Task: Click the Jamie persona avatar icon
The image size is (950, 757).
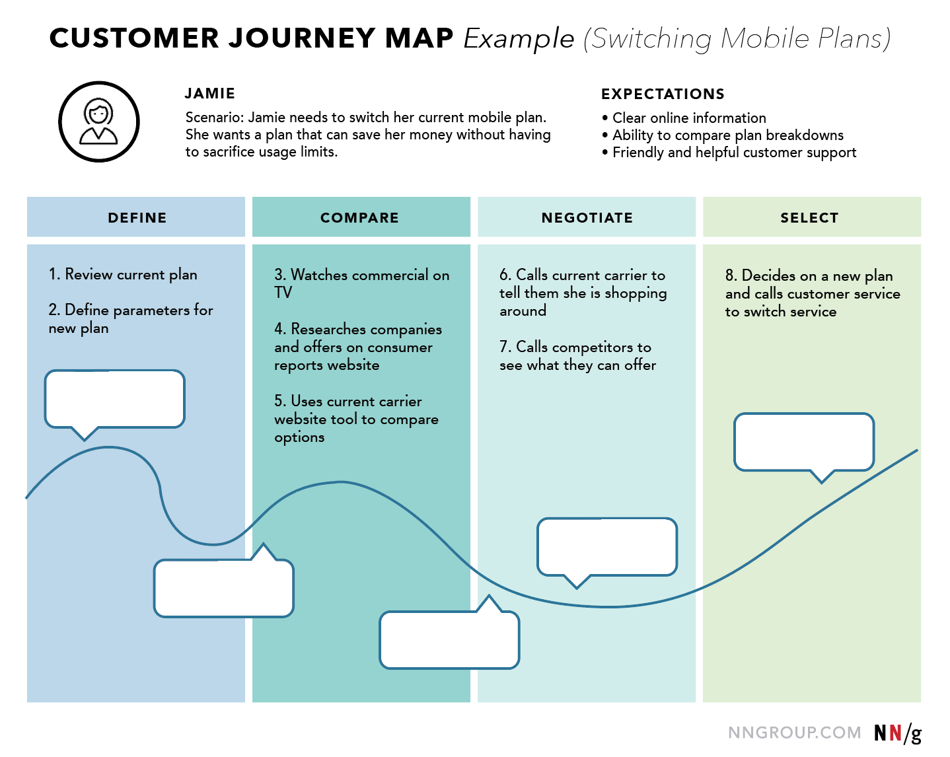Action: [99, 122]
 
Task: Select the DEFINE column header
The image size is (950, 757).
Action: [137, 217]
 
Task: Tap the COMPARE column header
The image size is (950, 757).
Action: [360, 217]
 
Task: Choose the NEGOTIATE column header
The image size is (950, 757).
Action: [587, 217]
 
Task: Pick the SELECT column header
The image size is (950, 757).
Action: [810, 217]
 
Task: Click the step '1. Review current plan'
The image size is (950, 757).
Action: [123, 274]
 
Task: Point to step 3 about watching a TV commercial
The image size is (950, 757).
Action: [361, 283]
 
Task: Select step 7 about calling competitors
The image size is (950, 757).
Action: [577, 356]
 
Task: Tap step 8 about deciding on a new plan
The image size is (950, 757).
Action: [812, 293]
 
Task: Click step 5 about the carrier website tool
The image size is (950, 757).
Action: [356, 419]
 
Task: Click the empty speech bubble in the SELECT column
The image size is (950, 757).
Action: [804, 442]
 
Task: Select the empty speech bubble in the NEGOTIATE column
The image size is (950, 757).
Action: [607, 546]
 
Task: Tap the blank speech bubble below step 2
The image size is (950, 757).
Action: [114, 398]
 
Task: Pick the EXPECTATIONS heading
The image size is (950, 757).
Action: [663, 94]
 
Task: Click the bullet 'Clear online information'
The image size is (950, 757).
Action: [689, 118]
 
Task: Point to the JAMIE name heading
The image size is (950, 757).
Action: [210, 93]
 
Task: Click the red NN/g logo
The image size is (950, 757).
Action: [897, 733]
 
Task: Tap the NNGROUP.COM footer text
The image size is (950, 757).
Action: [794, 733]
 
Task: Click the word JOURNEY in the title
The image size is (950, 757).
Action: [302, 38]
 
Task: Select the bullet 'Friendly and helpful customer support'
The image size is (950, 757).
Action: [734, 153]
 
